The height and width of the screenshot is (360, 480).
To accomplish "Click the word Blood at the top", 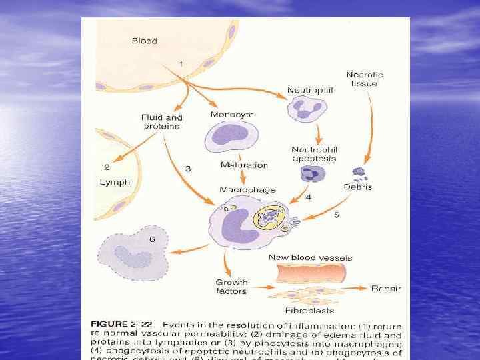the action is pos(145,41).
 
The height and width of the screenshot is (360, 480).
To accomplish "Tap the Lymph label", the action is pos(115,181).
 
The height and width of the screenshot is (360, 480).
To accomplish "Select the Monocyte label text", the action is pos(231,115).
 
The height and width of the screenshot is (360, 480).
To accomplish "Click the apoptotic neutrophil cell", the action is pos(311,174).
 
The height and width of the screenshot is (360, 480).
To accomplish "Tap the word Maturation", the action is pos(243,165).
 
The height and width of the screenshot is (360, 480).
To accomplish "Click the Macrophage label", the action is pos(247,189).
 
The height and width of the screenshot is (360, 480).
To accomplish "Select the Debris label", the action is pos(357,187).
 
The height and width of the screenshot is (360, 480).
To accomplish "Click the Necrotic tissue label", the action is pos(365,79).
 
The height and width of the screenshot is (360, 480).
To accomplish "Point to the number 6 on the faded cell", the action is pos(153,239).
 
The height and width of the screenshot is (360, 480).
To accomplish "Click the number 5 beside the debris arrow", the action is pos(336,215).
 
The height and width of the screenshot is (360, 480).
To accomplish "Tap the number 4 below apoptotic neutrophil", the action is pos(308,197).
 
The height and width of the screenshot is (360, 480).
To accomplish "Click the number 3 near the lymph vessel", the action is pos(188,169).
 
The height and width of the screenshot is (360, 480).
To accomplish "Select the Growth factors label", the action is pos(231,287).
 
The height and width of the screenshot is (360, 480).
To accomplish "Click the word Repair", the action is pos(387,288).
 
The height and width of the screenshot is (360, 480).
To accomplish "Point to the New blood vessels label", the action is pos(310,257).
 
